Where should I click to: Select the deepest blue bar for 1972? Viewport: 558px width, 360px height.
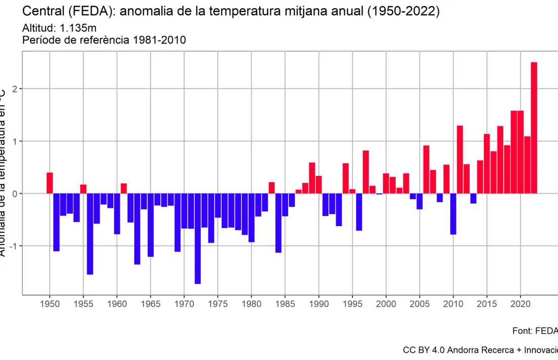pyautogui.click(x=198, y=238)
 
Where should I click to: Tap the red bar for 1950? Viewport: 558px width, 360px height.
pyautogui.click(x=50, y=183)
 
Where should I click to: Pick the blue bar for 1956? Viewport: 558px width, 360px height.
pyautogui.click(x=90, y=234)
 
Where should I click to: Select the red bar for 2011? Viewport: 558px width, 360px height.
pyautogui.click(x=460, y=159)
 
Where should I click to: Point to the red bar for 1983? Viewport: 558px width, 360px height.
pyautogui.click(x=272, y=188)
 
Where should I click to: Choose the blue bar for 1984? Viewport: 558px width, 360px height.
pyautogui.click(x=278, y=223)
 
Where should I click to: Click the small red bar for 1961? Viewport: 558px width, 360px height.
pyautogui.click(x=124, y=188)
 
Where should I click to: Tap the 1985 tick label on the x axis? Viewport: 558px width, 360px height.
pyautogui.click(x=285, y=304)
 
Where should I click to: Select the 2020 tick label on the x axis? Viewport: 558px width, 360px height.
pyautogui.click(x=520, y=304)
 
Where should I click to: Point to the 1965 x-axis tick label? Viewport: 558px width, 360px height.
pyautogui.click(x=151, y=304)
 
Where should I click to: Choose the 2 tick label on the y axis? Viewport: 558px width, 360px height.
pyautogui.click(x=15, y=89)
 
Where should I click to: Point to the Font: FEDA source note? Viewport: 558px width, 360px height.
pyautogui.click(x=535, y=331)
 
